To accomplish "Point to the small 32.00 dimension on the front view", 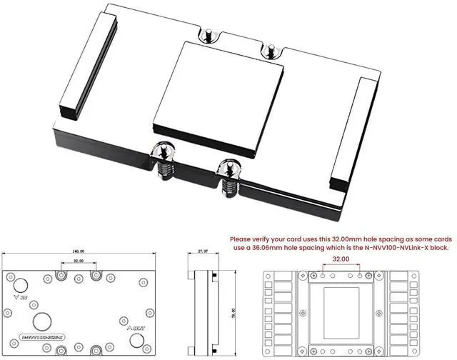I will pos(77,262).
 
